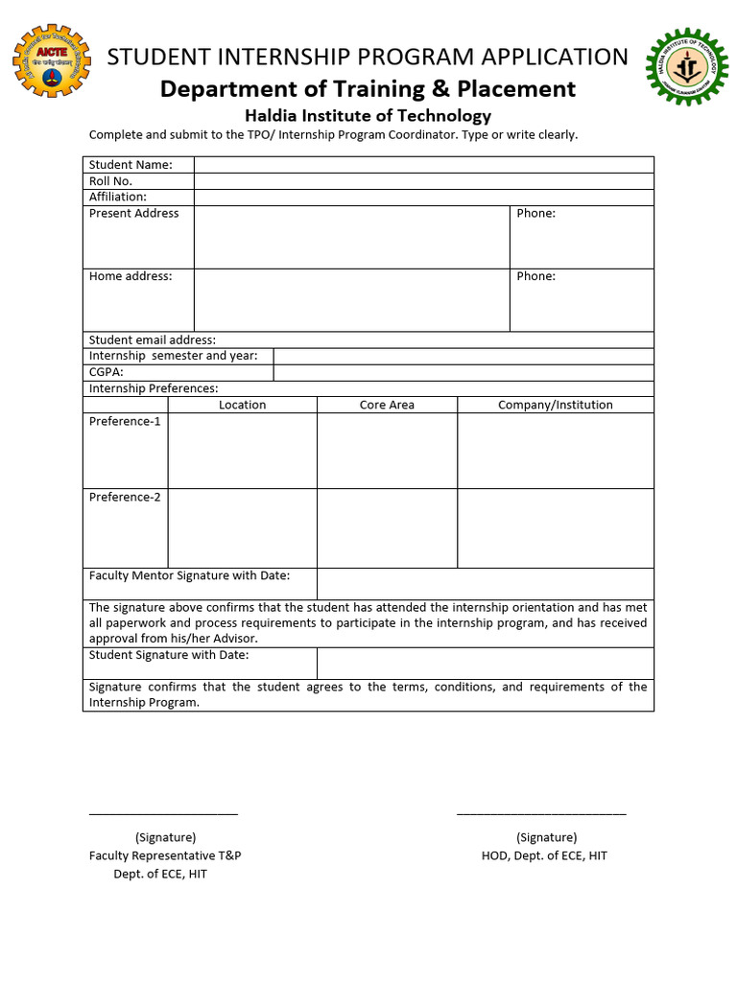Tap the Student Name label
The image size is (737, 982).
(131, 165)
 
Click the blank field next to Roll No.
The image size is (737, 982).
(423, 181)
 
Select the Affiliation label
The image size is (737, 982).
(118, 197)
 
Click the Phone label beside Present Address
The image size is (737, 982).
(535, 213)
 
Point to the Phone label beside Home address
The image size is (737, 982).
(535, 276)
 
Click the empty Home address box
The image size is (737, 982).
(351, 300)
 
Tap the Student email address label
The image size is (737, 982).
(153, 339)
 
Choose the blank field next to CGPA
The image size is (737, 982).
(463, 372)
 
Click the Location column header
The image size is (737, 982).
(242, 405)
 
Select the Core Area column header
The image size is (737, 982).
(387, 405)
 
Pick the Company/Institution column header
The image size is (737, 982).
(555, 405)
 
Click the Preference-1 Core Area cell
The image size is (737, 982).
(387, 451)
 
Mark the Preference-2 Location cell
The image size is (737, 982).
(242, 528)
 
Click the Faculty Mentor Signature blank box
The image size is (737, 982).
(485, 584)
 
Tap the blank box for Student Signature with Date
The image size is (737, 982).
(485, 664)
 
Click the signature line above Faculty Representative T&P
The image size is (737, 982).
(163, 813)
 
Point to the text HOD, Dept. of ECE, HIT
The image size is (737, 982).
(544, 855)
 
